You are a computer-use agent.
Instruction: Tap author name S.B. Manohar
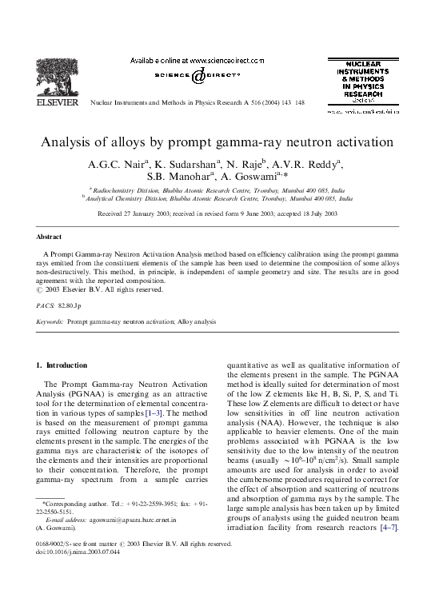(x=186, y=178)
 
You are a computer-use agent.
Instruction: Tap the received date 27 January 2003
(x=156, y=215)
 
